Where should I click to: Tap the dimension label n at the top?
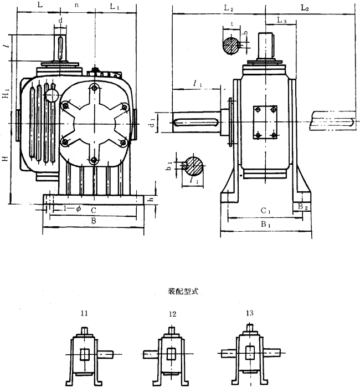tap(76, 7)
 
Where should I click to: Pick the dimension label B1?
tap(264, 226)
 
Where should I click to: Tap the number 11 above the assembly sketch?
tap(84, 314)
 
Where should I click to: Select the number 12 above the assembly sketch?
tap(172, 314)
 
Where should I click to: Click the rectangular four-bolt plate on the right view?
tap(264, 123)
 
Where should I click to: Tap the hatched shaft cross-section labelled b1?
tap(194, 165)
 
